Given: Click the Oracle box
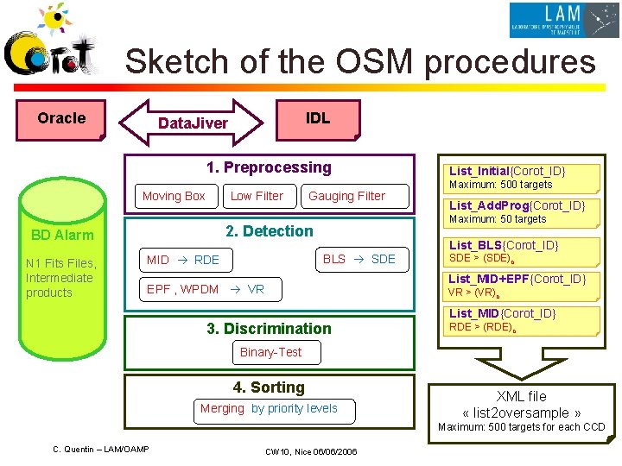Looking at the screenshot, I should pyautogui.click(x=61, y=119).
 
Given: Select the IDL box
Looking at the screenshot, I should pyautogui.click(x=317, y=118).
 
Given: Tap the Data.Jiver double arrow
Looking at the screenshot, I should pyautogui.click(x=192, y=123).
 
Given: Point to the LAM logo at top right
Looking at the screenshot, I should pyautogui.click(x=563, y=20).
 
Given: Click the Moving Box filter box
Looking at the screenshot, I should pyautogui.click(x=174, y=196).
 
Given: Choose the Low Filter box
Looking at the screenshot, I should pyautogui.click(x=257, y=196).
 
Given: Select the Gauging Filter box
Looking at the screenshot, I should pyautogui.click(x=346, y=196).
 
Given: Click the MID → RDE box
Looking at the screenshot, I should pyautogui.click(x=183, y=260).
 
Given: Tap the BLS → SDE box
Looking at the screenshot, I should pyautogui.click(x=359, y=259).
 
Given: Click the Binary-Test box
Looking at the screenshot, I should pyautogui.click(x=270, y=352).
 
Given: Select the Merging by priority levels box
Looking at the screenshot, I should pyautogui.click(x=269, y=409).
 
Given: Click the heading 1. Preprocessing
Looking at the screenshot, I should pyautogui.click(x=269, y=167).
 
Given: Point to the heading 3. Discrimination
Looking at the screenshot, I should pyautogui.click(x=269, y=328).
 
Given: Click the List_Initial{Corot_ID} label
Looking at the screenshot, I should pyautogui.click(x=507, y=171).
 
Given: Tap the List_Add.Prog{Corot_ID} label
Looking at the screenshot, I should pyautogui.click(x=517, y=205).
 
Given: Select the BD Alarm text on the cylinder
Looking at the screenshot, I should pyautogui.click(x=62, y=235).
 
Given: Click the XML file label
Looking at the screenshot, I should pyautogui.click(x=521, y=396).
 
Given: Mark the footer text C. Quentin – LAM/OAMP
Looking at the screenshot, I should pyautogui.click(x=101, y=449).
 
